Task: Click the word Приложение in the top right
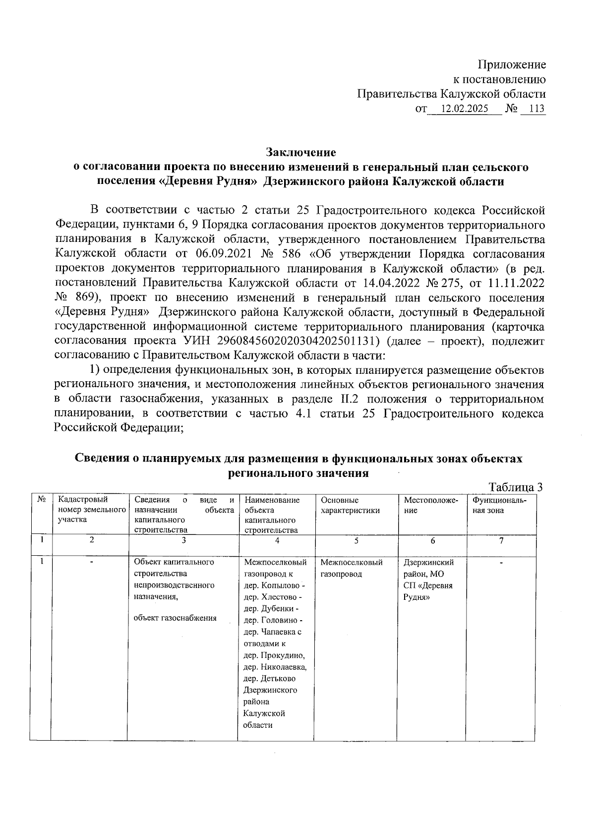coord(512,64)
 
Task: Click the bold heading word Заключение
coord(300,152)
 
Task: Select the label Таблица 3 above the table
coord(516,487)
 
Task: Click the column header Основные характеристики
coord(350,505)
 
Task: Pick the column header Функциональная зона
coord(499,505)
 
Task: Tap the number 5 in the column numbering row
coord(356,541)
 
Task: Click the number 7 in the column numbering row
coord(501,541)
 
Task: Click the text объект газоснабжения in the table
coord(175,618)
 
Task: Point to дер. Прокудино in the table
coord(275,655)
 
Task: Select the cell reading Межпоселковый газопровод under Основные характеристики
coord(351,568)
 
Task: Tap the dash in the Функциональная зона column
coord(501,563)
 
